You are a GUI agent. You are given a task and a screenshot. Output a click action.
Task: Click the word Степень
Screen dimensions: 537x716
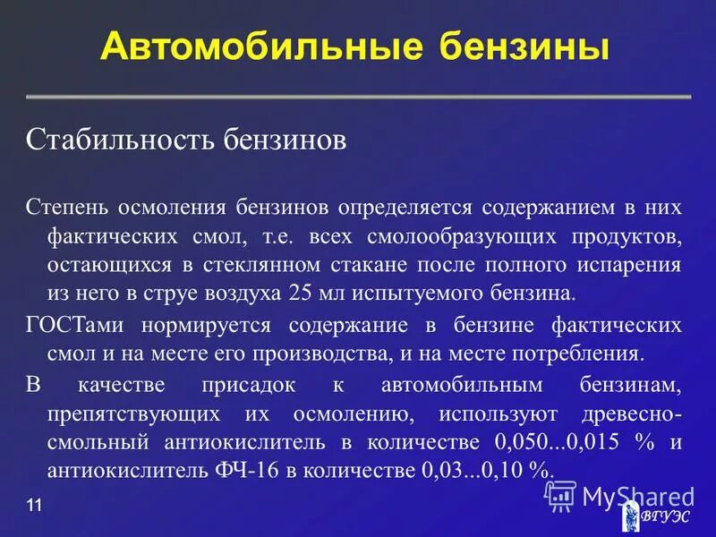pyautogui.click(x=68, y=208)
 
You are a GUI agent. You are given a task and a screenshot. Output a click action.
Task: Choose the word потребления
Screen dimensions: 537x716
pyautogui.click(x=581, y=352)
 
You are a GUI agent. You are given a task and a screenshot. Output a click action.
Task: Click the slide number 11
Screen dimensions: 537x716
pyautogui.click(x=34, y=507)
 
